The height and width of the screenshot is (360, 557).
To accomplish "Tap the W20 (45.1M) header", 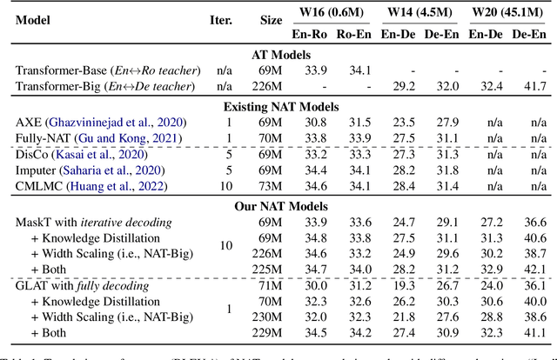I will click(x=508, y=11).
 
